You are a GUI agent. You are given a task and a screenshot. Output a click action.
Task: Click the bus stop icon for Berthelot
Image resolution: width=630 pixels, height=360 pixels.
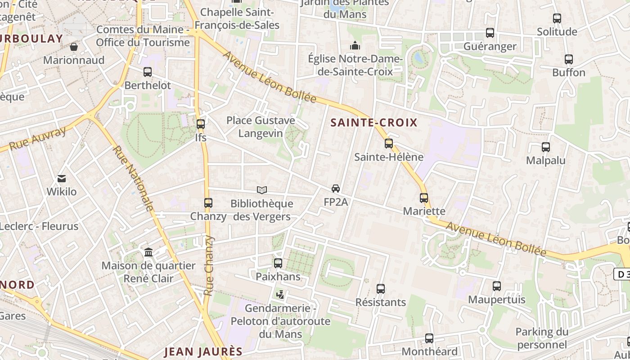click(x=148, y=72)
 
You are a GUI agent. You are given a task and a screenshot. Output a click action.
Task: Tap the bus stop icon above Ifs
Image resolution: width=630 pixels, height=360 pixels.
click(x=201, y=124)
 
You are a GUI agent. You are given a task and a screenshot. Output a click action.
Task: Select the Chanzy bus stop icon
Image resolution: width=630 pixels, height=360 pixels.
click(x=208, y=203)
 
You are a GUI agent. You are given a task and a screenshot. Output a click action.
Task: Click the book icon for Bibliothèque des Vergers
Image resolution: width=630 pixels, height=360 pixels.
click(x=261, y=190)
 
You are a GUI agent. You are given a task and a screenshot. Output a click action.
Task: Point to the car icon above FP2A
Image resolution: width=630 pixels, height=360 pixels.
click(x=336, y=189)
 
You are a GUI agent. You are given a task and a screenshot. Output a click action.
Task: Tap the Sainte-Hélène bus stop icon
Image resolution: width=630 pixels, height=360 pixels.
click(x=389, y=144)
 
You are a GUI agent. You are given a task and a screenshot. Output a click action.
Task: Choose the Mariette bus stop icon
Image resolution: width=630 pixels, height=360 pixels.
click(x=424, y=198)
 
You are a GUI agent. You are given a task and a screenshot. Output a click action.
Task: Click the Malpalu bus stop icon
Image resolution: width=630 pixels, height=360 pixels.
click(x=546, y=147)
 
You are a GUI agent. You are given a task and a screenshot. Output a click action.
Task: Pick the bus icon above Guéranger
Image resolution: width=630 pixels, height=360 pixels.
click(x=490, y=33)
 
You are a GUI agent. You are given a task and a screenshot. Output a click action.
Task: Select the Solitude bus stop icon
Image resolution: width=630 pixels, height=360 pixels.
click(x=557, y=18)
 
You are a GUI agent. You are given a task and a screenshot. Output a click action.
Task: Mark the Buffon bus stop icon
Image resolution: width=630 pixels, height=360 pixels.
click(x=569, y=59)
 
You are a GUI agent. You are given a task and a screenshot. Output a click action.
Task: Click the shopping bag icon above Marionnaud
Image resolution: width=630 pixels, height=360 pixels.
click(x=74, y=47)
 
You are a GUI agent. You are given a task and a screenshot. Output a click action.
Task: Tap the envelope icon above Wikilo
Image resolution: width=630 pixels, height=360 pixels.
click(x=62, y=179)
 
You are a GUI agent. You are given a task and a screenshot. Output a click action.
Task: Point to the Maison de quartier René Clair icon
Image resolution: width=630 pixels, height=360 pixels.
click(x=148, y=252)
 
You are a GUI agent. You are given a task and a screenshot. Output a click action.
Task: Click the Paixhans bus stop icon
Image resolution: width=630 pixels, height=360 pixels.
click(x=278, y=263)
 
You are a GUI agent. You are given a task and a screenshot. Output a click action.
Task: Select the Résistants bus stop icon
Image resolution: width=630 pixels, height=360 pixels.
click(x=381, y=289)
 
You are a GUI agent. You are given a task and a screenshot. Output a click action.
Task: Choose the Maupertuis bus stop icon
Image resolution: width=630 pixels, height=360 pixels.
click(x=497, y=286)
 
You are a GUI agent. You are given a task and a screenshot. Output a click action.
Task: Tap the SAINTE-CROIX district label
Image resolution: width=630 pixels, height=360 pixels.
click(x=374, y=122)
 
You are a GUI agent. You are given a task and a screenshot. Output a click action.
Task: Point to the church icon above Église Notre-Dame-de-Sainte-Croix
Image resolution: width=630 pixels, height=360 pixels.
click(x=355, y=46)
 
